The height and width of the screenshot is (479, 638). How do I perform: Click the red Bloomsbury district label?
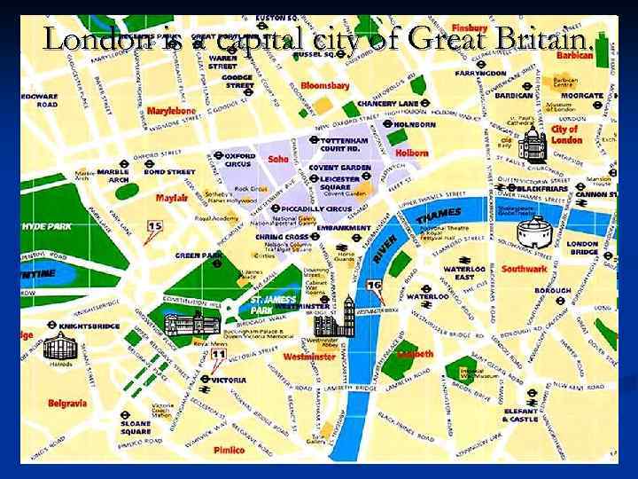pyautogui.click(x=325, y=86)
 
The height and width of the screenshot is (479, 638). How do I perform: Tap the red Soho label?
pyautogui.click(x=278, y=160)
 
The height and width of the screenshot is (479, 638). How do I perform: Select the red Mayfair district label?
pyautogui.click(x=172, y=198)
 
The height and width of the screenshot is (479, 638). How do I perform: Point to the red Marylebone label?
pyautogui.click(x=171, y=111)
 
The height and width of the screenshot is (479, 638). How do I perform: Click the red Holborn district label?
pyautogui.click(x=412, y=153)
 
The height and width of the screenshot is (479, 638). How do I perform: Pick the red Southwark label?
pyautogui.click(x=525, y=269)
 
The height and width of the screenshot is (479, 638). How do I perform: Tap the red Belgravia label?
pyautogui.click(x=68, y=404)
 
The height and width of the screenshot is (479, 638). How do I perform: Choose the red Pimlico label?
pyautogui.click(x=229, y=450)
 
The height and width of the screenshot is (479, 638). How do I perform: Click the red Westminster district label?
pyautogui.click(x=309, y=357)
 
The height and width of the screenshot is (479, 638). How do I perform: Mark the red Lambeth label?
pyautogui.click(x=416, y=353)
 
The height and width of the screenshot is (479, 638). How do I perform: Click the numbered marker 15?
pyautogui.click(x=154, y=227)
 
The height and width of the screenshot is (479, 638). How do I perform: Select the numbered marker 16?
pyautogui.click(x=374, y=286)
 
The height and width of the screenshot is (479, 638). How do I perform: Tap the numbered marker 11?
pyautogui.click(x=218, y=356)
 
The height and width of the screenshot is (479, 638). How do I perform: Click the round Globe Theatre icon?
pyautogui.click(x=534, y=232)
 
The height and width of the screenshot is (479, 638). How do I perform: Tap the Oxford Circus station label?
pyautogui.click(x=238, y=161)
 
